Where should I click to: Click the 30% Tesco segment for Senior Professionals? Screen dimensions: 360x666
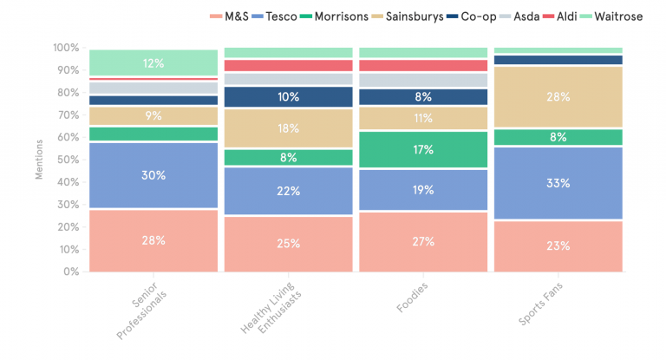tap(153, 175)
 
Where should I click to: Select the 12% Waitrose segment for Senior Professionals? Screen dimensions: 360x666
tap(153, 62)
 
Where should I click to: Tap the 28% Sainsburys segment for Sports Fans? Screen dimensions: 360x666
tap(558, 97)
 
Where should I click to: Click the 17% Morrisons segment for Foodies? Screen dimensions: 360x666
tap(423, 149)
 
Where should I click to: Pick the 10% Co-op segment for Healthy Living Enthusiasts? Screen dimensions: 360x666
tap(288, 97)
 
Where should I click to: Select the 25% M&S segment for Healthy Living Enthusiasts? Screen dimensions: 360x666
tap(288, 243)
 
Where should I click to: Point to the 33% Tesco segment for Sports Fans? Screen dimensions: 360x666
tap(558, 183)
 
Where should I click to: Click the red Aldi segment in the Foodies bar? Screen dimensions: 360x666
tap(423, 65)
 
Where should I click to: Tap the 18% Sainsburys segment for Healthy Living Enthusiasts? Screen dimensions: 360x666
tap(288, 128)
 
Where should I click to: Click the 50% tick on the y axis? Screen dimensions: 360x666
tap(67, 160)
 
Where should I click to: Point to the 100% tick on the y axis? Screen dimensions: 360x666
tap(65, 48)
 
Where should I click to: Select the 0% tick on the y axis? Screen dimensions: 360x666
tap(69, 272)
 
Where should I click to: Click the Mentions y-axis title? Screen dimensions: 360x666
tap(37, 160)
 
